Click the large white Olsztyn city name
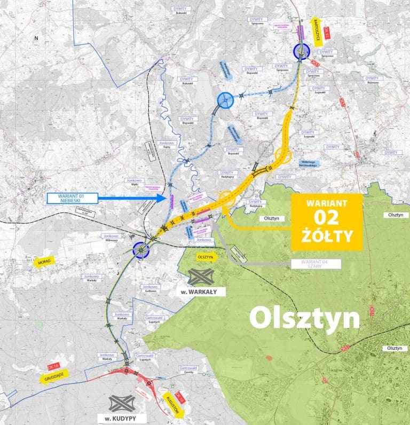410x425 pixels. click(304, 319)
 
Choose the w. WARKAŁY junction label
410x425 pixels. click(203, 291)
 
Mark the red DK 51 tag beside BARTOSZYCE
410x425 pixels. click(327, 33)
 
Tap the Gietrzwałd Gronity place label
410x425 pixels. click(190, 371)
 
